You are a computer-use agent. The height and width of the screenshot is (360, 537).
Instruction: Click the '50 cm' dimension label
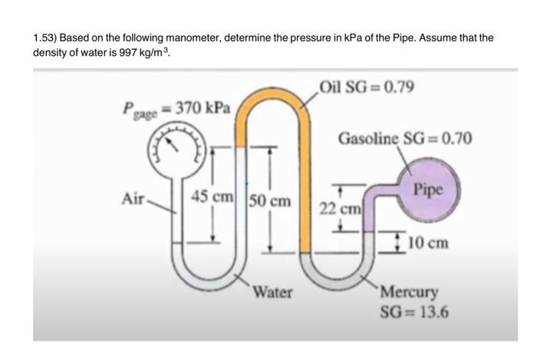point(269,202)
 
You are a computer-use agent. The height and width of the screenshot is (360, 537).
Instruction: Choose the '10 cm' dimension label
point(427,243)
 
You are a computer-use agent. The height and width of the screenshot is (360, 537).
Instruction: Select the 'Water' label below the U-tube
point(272,292)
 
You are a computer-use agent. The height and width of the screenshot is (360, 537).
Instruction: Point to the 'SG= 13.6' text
point(415,312)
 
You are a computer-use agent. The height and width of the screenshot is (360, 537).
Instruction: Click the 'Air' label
point(133,198)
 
